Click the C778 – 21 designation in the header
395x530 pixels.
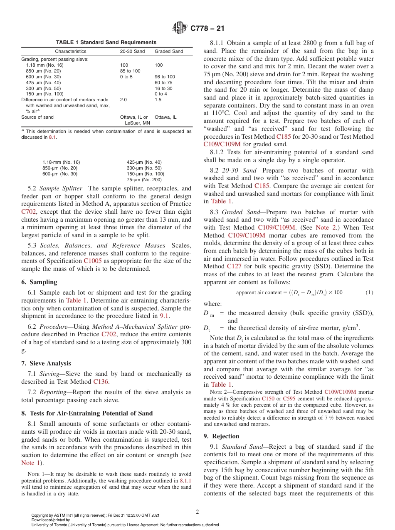(207, 29)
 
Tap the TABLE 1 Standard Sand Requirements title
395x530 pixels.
(106, 42)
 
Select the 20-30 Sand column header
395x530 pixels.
(132, 51)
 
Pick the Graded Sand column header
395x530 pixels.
(169, 51)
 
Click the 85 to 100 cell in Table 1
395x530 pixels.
(130, 71)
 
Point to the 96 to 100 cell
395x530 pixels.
(165, 77)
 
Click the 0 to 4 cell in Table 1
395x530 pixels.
(161, 94)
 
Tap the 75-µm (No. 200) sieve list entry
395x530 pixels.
(144, 180)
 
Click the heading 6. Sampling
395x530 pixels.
(39, 282)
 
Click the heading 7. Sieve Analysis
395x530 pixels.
(46, 363)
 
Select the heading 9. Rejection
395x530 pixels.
(221, 436)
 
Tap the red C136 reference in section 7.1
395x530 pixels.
(101, 382)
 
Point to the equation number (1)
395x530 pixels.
(369, 292)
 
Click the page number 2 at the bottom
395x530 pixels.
(197, 512)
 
